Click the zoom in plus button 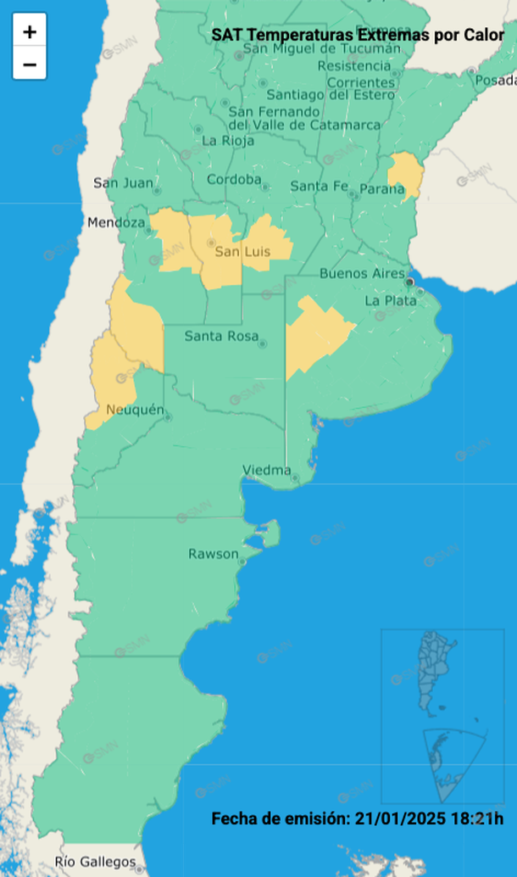[30, 32]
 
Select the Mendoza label [116, 223]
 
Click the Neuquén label [135, 410]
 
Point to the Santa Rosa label [220, 336]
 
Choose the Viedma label [266, 470]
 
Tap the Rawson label [214, 554]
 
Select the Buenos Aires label [362, 273]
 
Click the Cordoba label [234, 179]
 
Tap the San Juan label [124, 182]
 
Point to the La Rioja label [227, 141]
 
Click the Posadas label [496, 81]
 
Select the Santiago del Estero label [331, 95]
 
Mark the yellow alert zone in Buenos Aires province [314, 335]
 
